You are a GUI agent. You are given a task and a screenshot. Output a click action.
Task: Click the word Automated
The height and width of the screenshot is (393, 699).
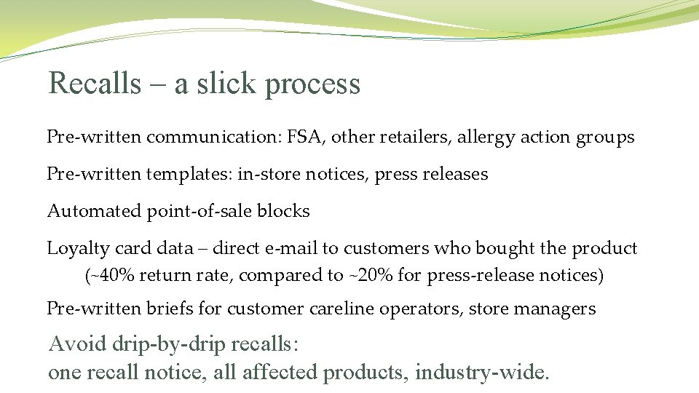coord(94,211)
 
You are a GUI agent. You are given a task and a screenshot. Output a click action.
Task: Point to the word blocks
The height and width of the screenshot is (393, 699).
coord(285,211)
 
